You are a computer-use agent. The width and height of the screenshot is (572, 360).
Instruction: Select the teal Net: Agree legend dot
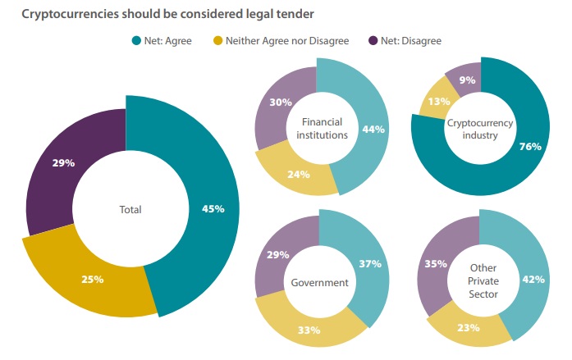click(136, 40)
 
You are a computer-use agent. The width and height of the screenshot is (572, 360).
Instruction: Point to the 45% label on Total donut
click(213, 208)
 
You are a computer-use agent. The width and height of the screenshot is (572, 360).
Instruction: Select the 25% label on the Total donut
click(92, 280)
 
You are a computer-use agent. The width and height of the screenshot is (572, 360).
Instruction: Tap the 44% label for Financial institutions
click(374, 129)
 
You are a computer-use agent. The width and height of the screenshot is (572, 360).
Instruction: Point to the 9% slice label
click(466, 80)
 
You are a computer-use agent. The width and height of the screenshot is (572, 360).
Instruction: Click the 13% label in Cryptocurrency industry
click(437, 103)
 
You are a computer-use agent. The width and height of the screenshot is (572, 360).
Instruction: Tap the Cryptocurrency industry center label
click(480, 128)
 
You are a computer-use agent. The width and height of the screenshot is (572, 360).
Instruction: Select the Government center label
click(321, 283)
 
